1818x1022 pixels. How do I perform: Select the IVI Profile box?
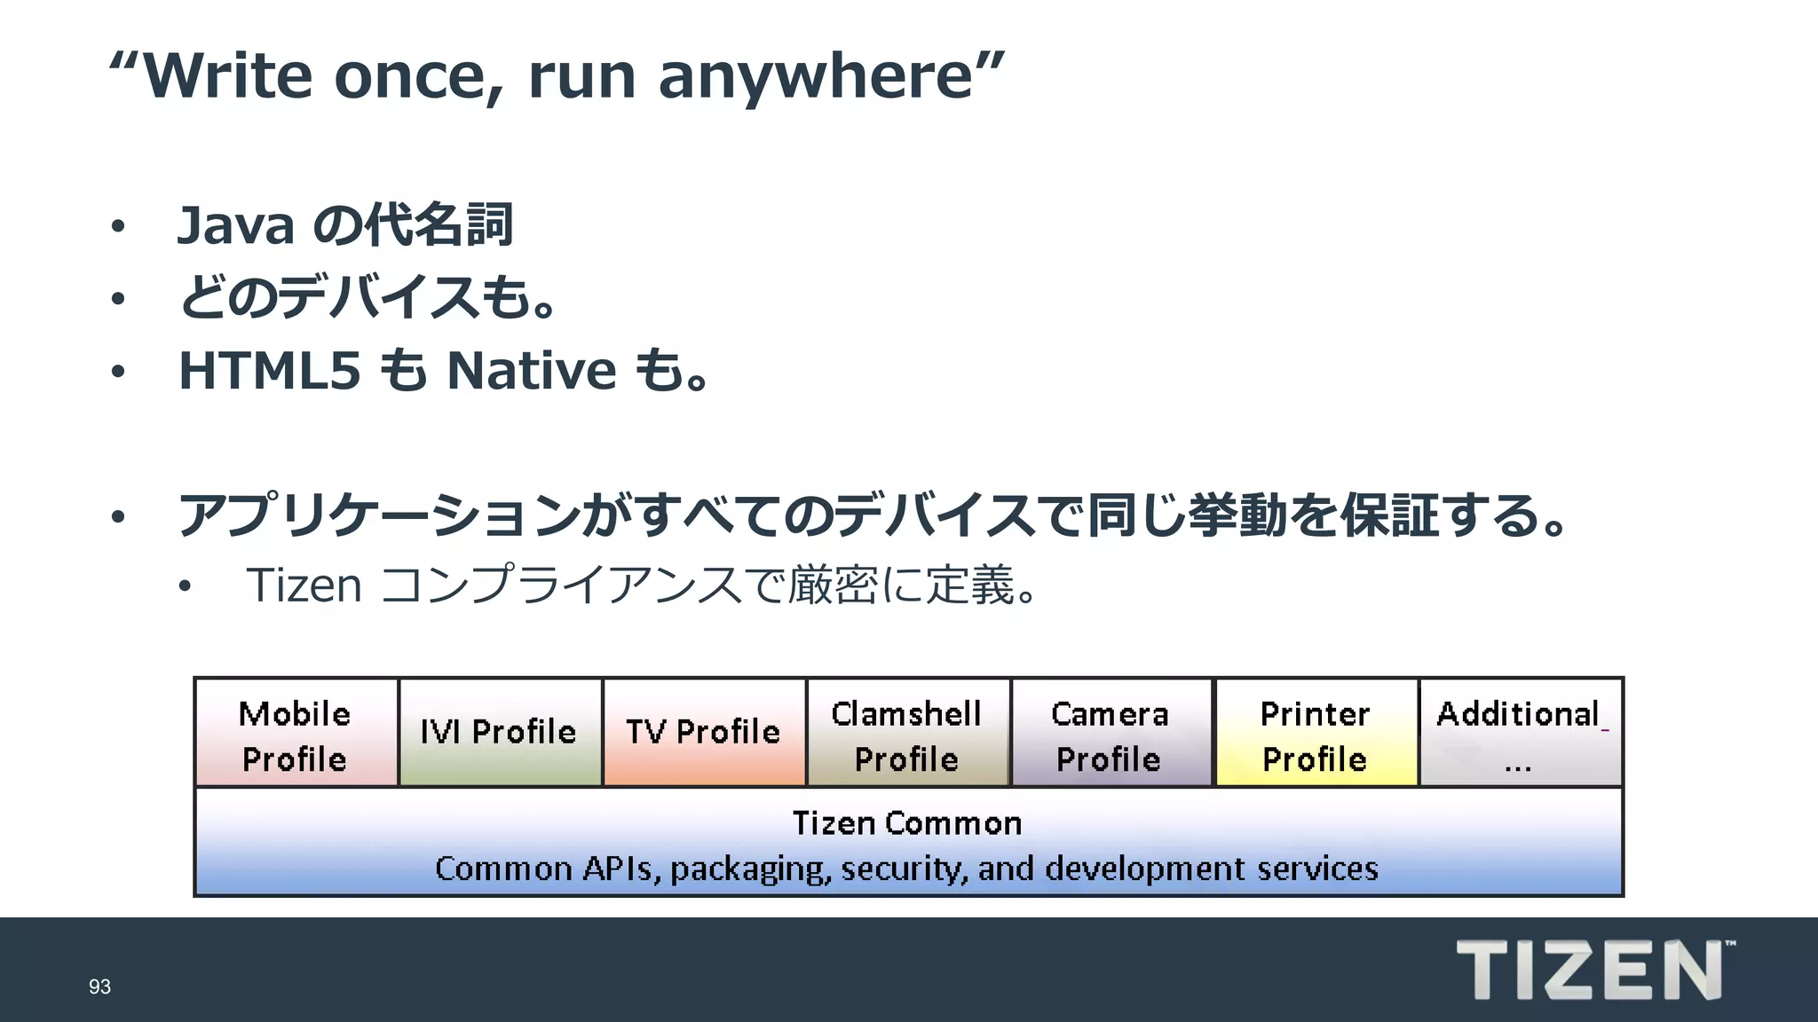500,733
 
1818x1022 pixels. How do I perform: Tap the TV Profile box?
704,733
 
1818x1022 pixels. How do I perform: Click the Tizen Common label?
907,823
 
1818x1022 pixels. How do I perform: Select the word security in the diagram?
905,869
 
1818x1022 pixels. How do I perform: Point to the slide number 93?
99,987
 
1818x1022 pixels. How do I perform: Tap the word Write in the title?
227,76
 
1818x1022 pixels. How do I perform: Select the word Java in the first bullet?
235,225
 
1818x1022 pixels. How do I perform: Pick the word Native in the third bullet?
531,371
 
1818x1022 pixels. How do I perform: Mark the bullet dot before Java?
118,227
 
